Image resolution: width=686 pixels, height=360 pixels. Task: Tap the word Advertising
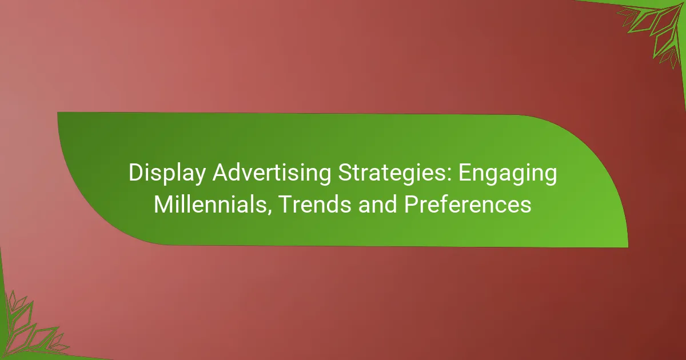pyautogui.click(x=272, y=173)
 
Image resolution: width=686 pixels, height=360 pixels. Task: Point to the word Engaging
pyautogui.click(x=508, y=174)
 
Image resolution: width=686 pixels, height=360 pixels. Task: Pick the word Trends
pyautogui.click(x=316, y=204)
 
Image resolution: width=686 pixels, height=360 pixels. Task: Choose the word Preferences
pyautogui.click(x=468, y=204)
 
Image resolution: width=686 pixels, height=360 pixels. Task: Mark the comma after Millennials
pyautogui.click(x=269, y=211)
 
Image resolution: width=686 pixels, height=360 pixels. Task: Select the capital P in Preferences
pyautogui.click(x=411, y=204)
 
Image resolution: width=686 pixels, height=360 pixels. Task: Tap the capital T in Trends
pyautogui.click(x=286, y=204)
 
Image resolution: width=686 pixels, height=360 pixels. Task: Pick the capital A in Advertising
pyautogui.click(x=221, y=173)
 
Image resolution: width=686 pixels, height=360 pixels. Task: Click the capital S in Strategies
pyautogui.click(x=345, y=173)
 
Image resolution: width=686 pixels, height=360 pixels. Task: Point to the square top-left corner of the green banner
pyautogui.click(x=58, y=113)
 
